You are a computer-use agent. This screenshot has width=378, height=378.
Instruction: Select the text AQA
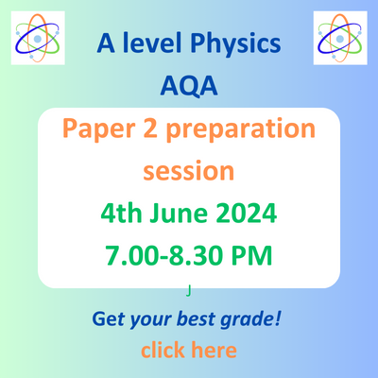pyautogui.click(x=188, y=87)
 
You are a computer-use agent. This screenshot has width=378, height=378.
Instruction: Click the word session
pyautogui.click(x=188, y=172)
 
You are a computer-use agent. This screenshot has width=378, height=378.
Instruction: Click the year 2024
pyautogui.click(x=248, y=214)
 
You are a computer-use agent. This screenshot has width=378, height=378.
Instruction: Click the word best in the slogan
pyautogui.click(x=198, y=319)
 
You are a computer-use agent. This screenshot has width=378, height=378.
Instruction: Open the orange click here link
pyautogui.click(x=188, y=351)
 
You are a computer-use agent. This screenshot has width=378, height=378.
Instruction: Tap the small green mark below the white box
pyautogui.click(x=189, y=293)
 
